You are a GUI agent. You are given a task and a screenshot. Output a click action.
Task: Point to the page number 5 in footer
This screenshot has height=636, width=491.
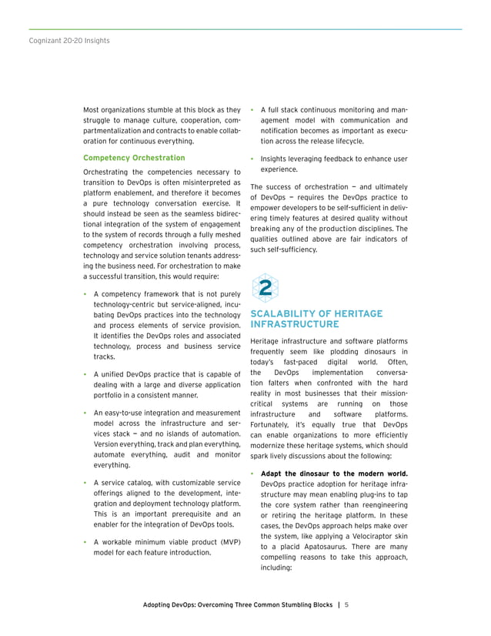click(x=347, y=604)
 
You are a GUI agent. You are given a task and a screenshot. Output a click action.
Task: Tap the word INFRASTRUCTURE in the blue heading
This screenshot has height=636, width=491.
click(x=295, y=325)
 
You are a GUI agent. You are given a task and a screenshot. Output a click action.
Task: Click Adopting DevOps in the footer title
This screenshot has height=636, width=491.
click(x=172, y=604)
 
